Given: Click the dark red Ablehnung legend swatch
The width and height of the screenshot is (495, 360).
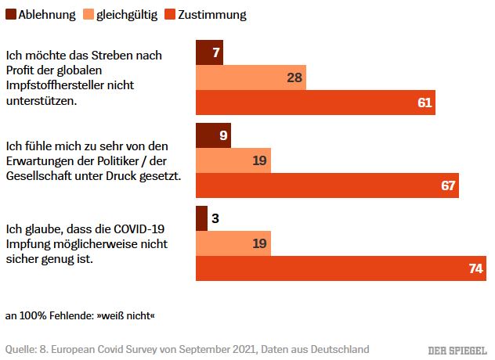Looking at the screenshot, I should pyautogui.click(x=11, y=15).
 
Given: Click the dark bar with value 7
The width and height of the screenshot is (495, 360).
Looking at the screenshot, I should pyautogui.click(x=209, y=52).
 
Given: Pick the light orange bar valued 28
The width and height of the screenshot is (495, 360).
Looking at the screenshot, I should pyautogui.click(x=251, y=77).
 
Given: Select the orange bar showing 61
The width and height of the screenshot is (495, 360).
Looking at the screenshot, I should pyautogui.click(x=315, y=103).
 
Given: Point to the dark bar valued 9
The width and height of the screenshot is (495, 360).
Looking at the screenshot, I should pyautogui.click(x=214, y=135).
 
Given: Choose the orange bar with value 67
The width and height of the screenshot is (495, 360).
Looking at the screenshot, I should pyautogui.click(x=327, y=185).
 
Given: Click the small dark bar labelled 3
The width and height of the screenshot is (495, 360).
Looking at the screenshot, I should pyautogui.click(x=201, y=218).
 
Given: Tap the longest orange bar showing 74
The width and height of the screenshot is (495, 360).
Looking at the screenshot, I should pyautogui.click(x=341, y=268).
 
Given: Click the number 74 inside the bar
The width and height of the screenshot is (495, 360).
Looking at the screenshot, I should pyautogui.click(x=475, y=268).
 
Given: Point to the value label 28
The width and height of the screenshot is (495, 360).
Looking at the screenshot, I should pyautogui.click(x=295, y=77).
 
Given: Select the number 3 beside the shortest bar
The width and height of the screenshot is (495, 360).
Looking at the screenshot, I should pyautogui.click(x=215, y=218).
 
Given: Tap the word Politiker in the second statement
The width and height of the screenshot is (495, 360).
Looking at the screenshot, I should pyautogui.click(x=117, y=160).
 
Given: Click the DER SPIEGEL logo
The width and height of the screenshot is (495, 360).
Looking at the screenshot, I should pyautogui.click(x=457, y=348).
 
